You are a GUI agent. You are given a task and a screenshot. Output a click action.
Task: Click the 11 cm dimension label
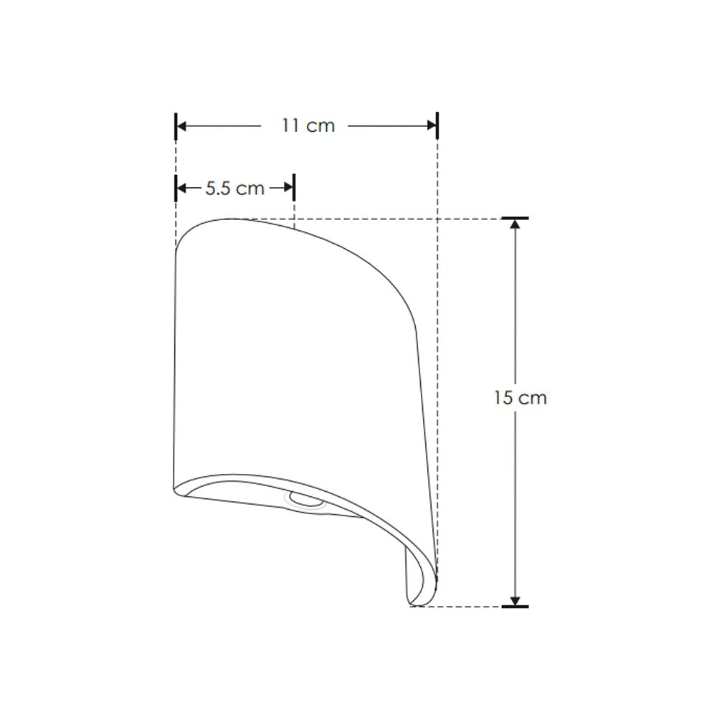[x=308, y=125]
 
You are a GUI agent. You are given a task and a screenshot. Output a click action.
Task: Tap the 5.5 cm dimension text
[x=235, y=189]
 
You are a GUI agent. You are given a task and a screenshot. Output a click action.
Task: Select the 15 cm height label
[x=520, y=398]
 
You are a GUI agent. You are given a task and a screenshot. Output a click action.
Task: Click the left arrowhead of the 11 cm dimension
[x=182, y=125]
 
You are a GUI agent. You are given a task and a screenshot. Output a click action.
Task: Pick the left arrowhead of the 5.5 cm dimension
[x=182, y=188]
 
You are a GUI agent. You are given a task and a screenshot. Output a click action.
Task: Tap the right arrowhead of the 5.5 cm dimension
[x=288, y=188]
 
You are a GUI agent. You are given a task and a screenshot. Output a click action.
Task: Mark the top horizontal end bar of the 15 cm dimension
[x=515, y=218]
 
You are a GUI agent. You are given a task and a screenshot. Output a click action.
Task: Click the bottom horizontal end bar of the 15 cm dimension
[x=515, y=607]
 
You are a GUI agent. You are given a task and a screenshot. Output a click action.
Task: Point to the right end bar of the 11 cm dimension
[x=437, y=125]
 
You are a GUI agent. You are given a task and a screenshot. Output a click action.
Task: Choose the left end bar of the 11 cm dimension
[x=176, y=125]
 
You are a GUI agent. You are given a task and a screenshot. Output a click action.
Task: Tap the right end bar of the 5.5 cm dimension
[x=294, y=188]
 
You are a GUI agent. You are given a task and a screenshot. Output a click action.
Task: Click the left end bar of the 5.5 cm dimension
[x=176, y=188]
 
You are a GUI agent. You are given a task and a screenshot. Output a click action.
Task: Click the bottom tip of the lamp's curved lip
[x=412, y=603]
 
